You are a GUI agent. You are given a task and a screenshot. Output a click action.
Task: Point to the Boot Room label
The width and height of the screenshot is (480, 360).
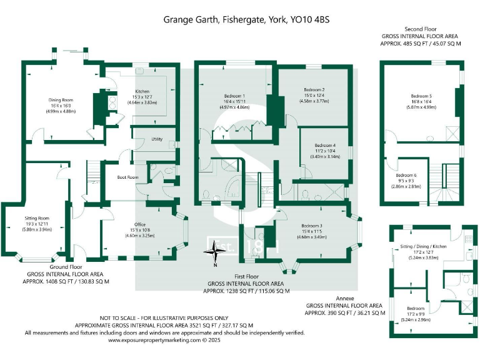[x=127, y=177]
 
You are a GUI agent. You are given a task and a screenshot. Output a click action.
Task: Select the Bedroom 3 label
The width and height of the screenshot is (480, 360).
[x=311, y=226]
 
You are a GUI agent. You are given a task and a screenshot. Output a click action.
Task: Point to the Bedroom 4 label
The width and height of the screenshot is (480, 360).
[x=325, y=145]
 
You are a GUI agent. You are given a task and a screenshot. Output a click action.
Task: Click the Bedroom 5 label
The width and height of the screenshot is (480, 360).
[x=421, y=96]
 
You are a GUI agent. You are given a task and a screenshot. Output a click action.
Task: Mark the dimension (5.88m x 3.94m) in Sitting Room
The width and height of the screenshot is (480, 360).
[x=37, y=229]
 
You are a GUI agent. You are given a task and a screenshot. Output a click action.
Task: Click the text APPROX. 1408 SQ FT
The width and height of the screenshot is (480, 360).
[x=68, y=281]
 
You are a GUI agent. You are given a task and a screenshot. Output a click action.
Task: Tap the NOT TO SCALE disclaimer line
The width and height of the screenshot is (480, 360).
[x=164, y=317]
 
